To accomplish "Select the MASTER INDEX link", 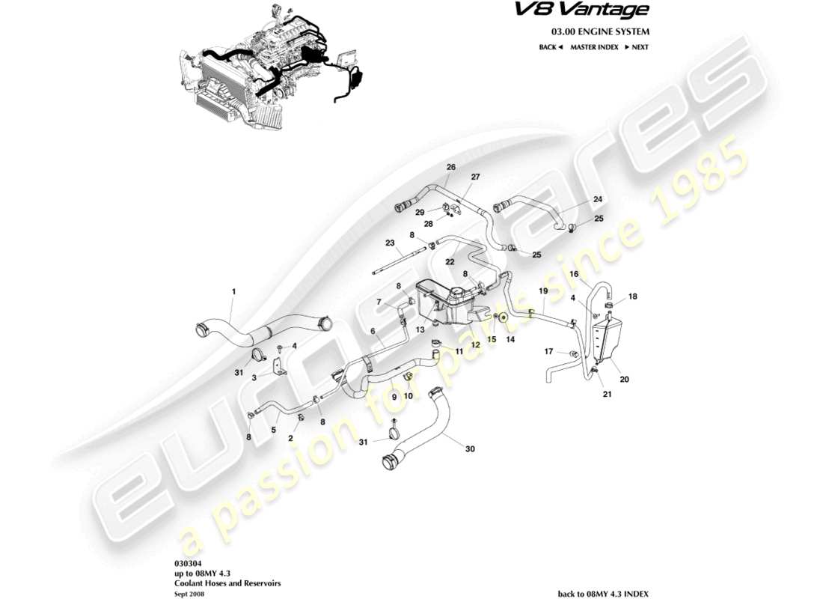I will click(594, 47).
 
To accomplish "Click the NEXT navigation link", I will click(636, 47).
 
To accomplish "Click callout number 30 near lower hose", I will click(471, 449).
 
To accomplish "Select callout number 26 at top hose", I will click(451, 166).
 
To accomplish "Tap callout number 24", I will click(598, 199).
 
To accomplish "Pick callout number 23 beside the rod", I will click(390, 243).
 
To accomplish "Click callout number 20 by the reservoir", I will click(625, 379).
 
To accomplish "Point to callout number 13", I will click(421, 329).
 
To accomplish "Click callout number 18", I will click(633, 297).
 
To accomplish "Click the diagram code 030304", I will click(186, 564).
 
